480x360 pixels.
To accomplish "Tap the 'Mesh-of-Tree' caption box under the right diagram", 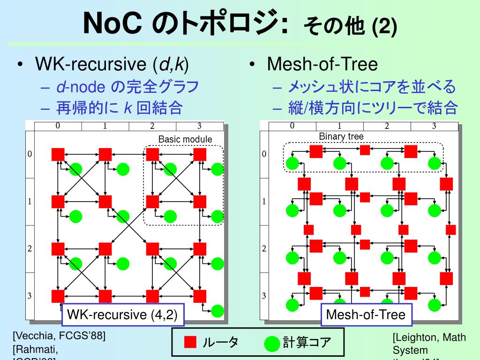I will coord(365,314).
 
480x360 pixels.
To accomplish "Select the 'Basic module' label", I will coord(185,139).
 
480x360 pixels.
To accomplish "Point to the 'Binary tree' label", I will coord(341,136).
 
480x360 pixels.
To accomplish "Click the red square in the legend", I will coord(190,342).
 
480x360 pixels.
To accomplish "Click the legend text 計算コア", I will coord(307,343).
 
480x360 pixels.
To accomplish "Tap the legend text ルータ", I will coord(220,342).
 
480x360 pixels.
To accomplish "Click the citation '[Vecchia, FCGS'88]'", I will coord(59,336).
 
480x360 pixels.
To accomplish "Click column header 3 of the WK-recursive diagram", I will coord(199,126).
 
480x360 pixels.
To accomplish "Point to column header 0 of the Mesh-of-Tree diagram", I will coord(292,126).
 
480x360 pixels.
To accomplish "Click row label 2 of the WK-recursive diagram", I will coord(30,248).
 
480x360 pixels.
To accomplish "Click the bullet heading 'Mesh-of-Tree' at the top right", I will coord(322,64).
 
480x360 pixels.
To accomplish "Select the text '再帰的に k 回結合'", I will coord(119,109).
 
